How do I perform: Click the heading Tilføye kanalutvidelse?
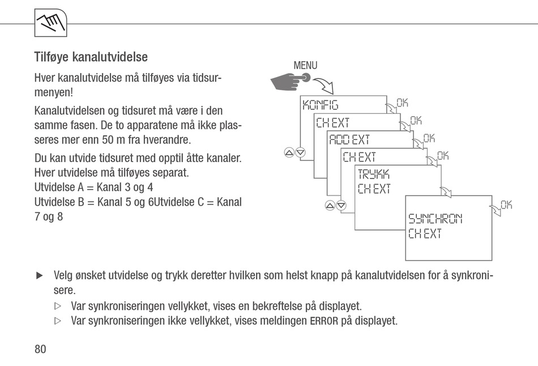click(91, 57)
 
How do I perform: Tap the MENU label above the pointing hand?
click(305, 66)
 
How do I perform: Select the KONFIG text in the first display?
click(320, 105)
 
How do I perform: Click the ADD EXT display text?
click(349, 139)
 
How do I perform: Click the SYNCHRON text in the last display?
click(435, 218)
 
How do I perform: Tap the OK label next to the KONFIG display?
click(402, 103)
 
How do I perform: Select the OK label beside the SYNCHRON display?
click(506, 205)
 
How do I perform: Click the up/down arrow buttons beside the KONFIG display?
click(294, 152)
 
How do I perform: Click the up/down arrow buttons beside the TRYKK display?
click(336, 205)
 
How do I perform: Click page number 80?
click(40, 349)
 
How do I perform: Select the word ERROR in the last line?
click(324, 321)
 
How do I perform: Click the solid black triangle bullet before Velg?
click(40, 276)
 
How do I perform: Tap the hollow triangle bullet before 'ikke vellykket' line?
click(57, 321)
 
